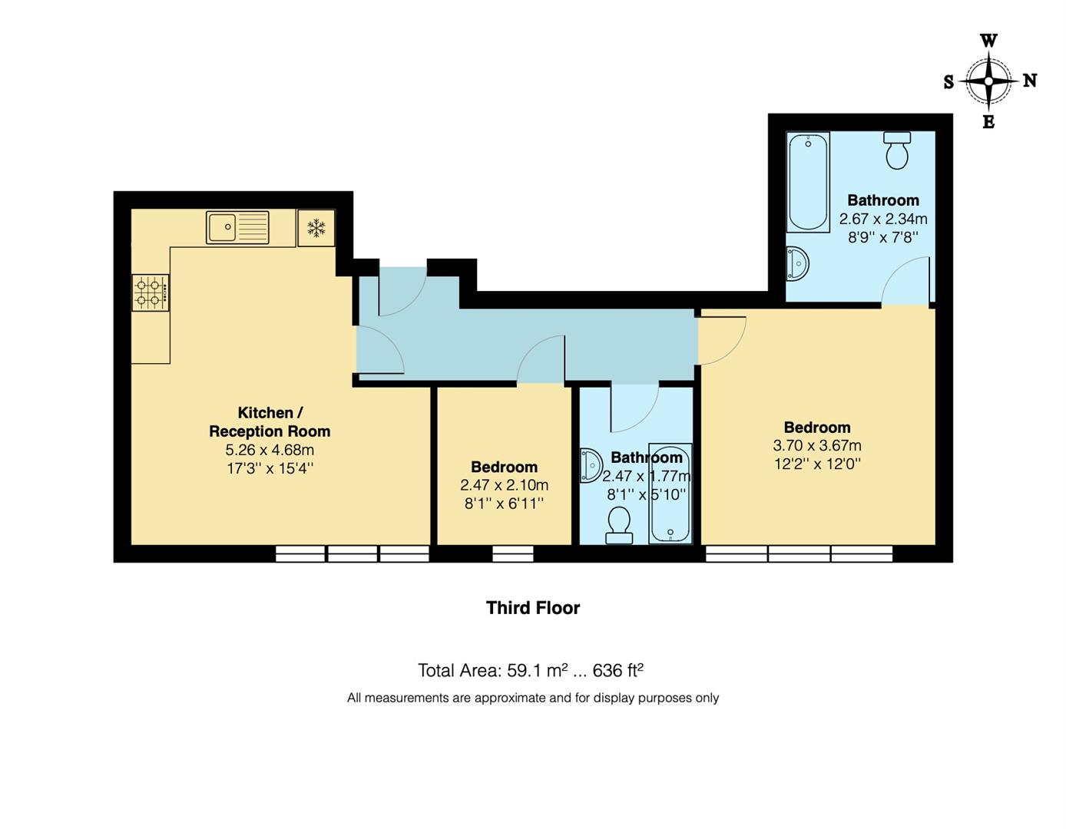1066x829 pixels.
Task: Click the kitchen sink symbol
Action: (x=237, y=227)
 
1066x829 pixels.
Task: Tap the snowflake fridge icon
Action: (x=316, y=228)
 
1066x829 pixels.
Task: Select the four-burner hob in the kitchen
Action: (x=150, y=292)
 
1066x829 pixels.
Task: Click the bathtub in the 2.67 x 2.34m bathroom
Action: (x=807, y=182)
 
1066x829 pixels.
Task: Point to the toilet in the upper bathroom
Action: (x=896, y=150)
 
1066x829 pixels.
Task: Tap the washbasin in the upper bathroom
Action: (x=797, y=264)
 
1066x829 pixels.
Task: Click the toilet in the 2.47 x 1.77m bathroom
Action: (x=619, y=527)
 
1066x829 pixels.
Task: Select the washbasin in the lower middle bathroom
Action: (x=590, y=465)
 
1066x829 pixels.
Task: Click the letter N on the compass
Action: (x=1030, y=80)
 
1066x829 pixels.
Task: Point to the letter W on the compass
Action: (x=989, y=41)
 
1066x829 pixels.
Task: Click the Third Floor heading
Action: (x=533, y=608)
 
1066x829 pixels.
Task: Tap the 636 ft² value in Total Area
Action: (x=617, y=670)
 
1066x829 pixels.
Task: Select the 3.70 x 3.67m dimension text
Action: (x=817, y=445)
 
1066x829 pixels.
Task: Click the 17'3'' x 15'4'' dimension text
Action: (x=270, y=468)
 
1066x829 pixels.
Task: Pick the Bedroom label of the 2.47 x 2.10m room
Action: (x=504, y=467)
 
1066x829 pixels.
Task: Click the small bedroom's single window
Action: (x=512, y=553)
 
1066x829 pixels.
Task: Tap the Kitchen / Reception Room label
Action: (x=270, y=422)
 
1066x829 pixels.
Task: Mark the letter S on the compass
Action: (x=948, y=82)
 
